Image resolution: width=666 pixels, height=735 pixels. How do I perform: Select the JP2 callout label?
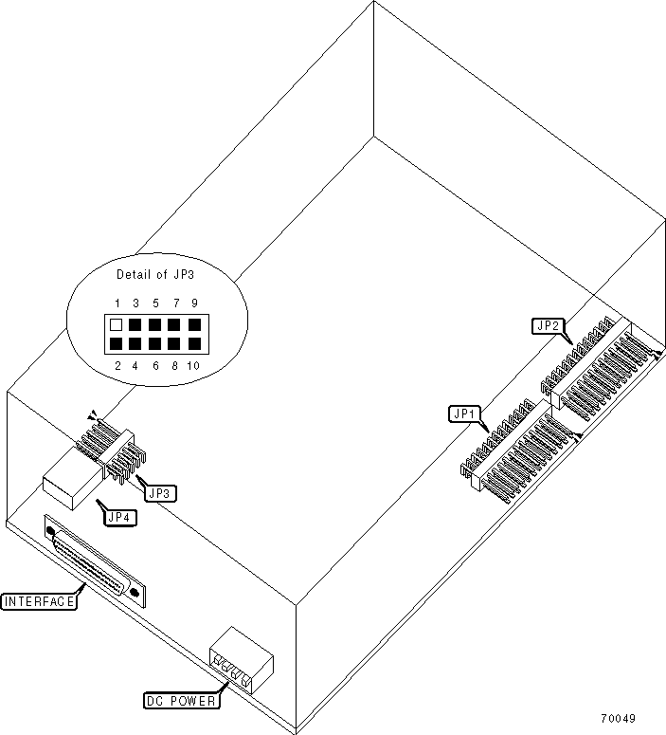[x=549, y=326]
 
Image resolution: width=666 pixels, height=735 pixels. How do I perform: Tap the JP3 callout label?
[x=157, y=492]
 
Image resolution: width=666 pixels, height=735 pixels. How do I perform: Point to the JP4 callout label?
[x=119, y=518]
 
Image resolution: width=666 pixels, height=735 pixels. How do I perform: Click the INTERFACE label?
[x=39, y=601]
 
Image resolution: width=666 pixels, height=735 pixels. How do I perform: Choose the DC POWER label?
[x=180, y=702]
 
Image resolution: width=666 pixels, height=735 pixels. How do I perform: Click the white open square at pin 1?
[x=116, y=325]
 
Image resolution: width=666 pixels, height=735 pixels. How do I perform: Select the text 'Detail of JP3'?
[x=155, y=275]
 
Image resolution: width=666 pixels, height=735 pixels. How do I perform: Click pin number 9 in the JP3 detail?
[x=194, y=303]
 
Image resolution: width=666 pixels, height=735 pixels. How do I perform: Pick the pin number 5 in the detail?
[x=155, y=303]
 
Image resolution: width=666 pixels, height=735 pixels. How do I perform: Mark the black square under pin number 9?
[x=194, y=325]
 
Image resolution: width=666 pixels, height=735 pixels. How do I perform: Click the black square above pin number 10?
[x=194, y=343]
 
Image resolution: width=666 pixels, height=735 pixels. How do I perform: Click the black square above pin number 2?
[x=116, y=343]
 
